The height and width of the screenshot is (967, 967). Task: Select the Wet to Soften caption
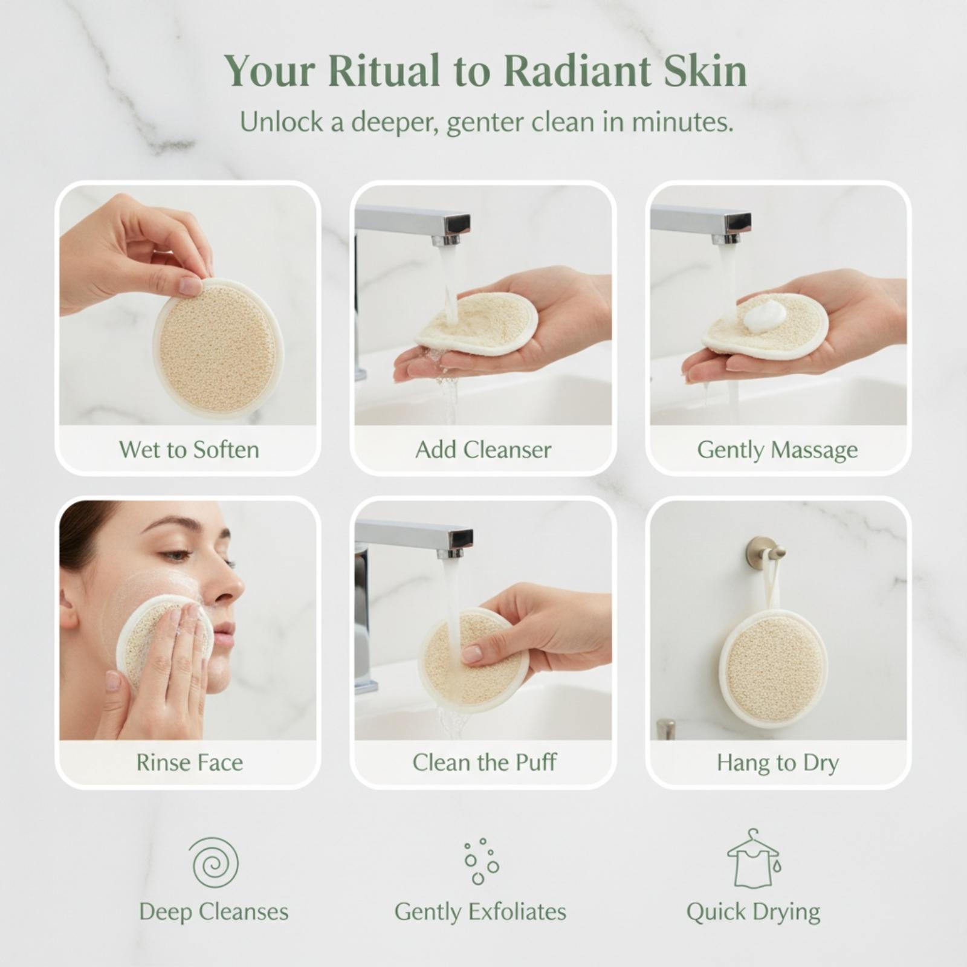point(189,450)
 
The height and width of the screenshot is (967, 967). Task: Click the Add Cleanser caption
point(483,450)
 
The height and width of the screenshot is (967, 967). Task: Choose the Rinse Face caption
point(189,762)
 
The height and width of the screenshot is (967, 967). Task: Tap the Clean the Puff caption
point(484,762)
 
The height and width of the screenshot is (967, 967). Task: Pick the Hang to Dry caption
point(778,763)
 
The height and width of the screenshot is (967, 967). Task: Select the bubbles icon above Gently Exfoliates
point(480,862)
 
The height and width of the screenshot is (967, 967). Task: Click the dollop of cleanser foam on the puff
point(765,315)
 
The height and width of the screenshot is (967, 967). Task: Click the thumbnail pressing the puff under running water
point(471,653)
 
